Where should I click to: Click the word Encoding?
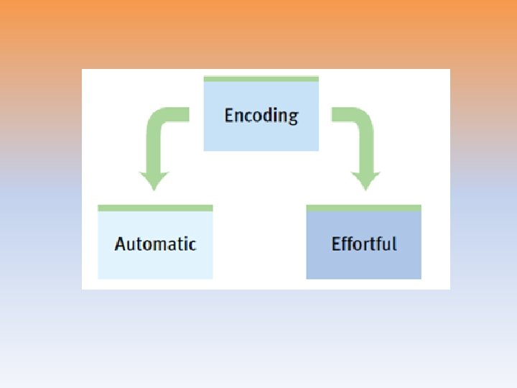coord(261,116)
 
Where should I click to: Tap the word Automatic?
coord(155,244)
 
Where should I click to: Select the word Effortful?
coord(363,244)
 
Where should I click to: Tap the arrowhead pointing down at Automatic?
coord(154,180)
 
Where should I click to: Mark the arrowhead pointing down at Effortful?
coord(365,180)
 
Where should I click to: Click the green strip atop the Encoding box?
coord(261,79)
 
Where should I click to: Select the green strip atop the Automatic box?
coord(155,208)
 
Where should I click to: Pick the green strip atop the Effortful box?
coord(363,208)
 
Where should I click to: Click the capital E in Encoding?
coord(229,116)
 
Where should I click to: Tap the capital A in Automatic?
coord(120,244)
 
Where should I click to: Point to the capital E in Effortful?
coord(336,244)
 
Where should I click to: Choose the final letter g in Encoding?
coord(293,117)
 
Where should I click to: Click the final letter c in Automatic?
coord(192,244)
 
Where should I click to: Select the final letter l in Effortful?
coord(393,244)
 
